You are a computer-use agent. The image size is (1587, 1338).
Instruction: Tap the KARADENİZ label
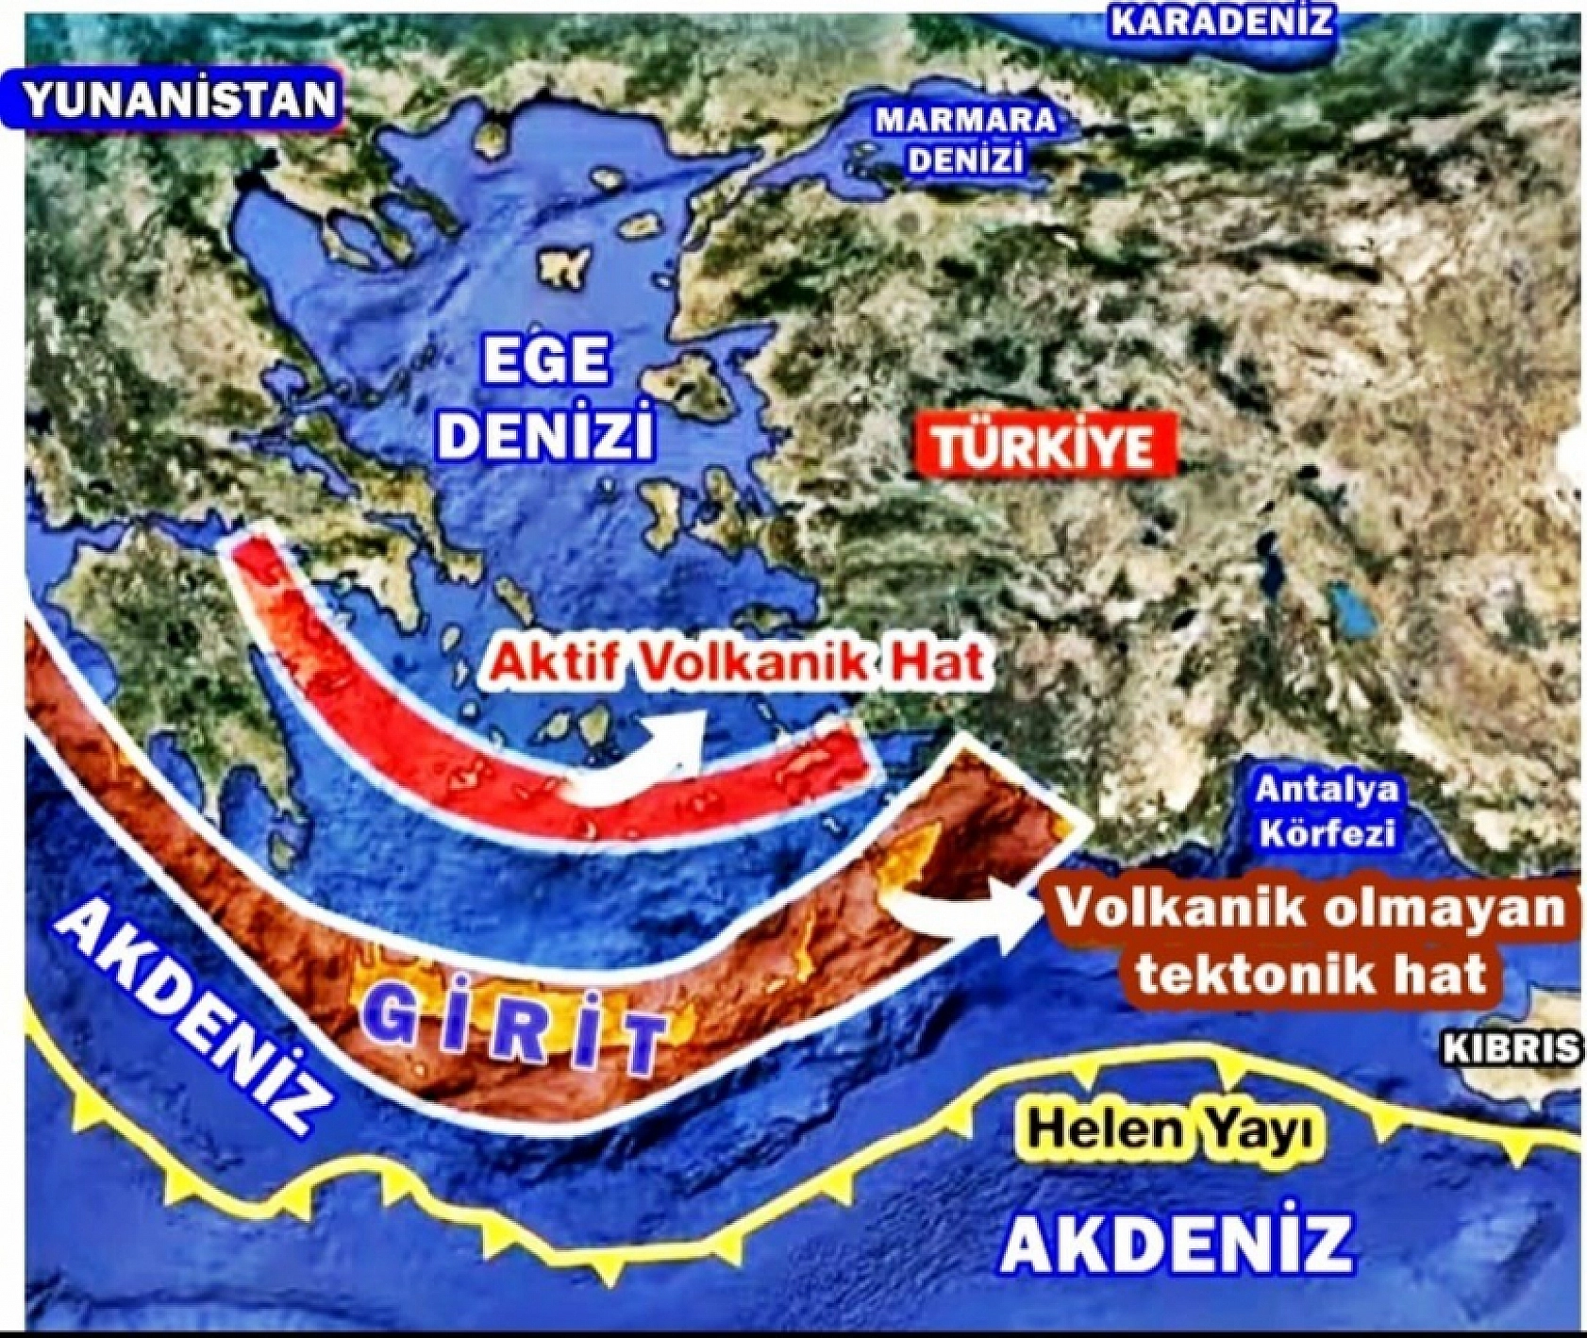[1222, 21]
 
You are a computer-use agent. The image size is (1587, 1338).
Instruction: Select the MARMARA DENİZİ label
[964, 140]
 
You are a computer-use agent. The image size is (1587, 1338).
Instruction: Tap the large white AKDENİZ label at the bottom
[1177, 1244]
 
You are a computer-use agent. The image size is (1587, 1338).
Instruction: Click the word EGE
[546, 360]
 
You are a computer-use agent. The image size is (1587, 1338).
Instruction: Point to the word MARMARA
[964, 120]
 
